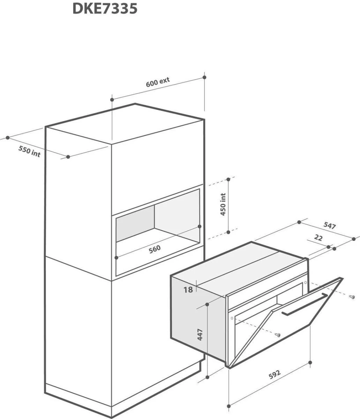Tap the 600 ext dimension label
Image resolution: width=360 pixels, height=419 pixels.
click(158, 82)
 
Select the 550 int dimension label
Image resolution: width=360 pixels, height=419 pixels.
click(29, 152)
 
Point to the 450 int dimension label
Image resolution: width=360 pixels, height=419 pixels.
click(223, 205)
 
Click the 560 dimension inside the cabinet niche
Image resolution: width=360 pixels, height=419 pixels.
click(155, 249)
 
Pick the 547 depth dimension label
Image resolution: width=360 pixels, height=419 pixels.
click(330, 226)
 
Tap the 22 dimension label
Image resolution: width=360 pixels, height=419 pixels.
click(318, 238)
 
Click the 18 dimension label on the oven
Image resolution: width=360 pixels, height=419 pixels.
click(188, 290)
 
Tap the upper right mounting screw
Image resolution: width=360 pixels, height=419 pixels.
click(352, 297)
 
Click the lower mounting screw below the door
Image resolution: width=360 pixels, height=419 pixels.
click(278, 335)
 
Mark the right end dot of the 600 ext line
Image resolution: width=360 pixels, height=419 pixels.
click(204, 77)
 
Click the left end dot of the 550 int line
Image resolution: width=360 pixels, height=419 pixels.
click(8, 138)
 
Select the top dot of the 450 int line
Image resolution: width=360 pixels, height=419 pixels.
click(228, 179)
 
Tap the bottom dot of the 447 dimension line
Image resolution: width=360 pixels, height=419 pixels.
click(207, 377)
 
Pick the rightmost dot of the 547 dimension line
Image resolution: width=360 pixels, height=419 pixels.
click(354, 239)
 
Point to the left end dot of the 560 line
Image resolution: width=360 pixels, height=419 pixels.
click(116, 258)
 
